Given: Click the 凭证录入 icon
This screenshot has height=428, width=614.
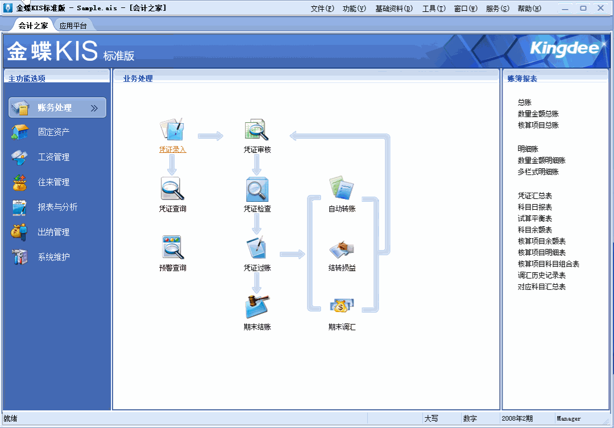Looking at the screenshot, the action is coord(172,130).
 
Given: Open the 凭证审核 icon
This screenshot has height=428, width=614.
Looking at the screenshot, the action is coord(257,130).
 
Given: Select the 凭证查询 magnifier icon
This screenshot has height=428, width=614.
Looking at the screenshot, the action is coord(172,189).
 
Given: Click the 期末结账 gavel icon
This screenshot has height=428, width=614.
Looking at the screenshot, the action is coord(257,307).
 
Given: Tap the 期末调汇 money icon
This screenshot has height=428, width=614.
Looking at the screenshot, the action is coord(342,307).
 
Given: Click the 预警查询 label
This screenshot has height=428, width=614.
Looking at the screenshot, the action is coord(172,268).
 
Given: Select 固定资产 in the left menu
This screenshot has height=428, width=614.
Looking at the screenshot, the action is coord(53,132).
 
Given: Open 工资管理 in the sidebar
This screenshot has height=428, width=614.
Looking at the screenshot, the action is coord(53,157).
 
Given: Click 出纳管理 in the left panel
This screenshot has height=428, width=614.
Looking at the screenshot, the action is coord(53,232).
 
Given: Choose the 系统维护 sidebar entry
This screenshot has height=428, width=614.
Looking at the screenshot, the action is coord(53,257).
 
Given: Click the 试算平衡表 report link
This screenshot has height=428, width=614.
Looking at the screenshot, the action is coord(534,218).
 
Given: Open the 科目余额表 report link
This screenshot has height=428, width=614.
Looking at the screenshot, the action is coord(534,230).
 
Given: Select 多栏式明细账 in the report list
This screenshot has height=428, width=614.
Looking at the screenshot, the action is coord(538,172).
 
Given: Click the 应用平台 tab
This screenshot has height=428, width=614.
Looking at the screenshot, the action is coord(73,26).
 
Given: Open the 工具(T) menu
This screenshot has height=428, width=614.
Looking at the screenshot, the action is coord(434,9).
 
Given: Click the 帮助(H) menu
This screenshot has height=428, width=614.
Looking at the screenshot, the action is coord(529,9).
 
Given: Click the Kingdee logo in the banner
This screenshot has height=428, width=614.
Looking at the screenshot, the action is coord(564,49).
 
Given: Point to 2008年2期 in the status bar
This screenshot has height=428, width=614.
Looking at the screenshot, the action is coord(517,419).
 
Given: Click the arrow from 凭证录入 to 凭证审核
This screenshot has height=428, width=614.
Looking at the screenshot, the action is coord(210,136).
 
